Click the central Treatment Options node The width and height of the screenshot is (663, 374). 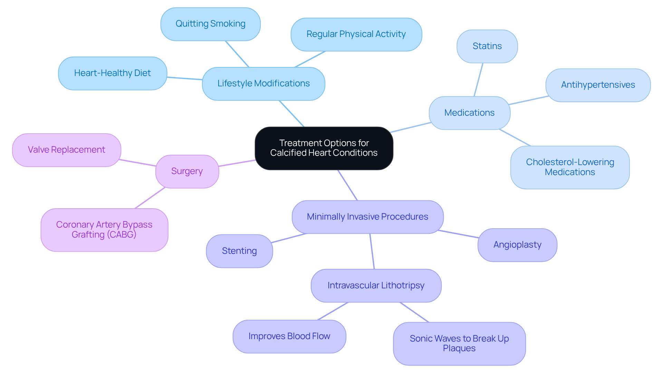[324, 148]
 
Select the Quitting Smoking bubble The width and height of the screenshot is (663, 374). [210, 24]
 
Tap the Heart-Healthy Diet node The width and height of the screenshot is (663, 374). [113, 73]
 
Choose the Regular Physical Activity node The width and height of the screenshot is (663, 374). [356, 34]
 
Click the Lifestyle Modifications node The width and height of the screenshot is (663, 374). [263, 84]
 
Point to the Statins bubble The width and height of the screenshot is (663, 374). [487, 46]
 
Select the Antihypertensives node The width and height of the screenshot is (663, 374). [598, 85]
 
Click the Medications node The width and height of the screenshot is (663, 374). [469, 113]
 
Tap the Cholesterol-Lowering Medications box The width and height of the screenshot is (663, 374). [570, 167]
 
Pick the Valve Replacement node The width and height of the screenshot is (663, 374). [67, 150]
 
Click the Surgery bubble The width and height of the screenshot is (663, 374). [187, 171]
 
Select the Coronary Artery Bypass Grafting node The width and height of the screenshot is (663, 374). [104, 230]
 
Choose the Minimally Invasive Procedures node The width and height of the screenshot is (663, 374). [367, 217]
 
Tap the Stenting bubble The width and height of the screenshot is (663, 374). [239, 251]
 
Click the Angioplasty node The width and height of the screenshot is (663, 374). [517, 245]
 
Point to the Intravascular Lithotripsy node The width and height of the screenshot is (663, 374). [376, 286]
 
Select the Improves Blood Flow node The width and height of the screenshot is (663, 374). [289, 336]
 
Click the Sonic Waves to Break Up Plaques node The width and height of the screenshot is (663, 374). [459, 343]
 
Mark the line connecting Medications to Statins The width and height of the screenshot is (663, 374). [478, 80]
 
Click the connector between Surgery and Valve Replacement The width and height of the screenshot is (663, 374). [138, 163]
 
